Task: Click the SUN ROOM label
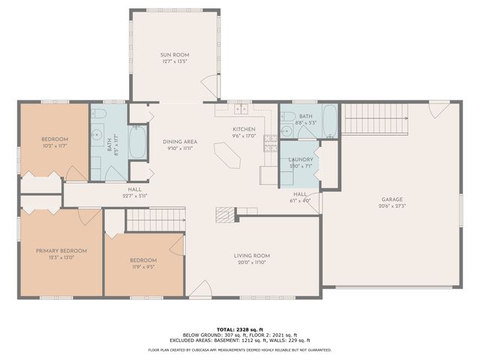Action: click(x=174, y=55)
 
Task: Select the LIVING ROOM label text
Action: click(x=252, y=256)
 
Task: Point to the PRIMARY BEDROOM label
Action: click(x=61, y=250)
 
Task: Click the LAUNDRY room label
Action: click(x=301, y=160)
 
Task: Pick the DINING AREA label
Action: click(x=179, y=141)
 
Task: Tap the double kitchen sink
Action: click(x=241, y=109)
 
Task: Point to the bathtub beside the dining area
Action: click(x=138, y=142)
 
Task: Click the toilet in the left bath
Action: click(x=99, y=115)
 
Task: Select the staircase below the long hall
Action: click(x=144, y=220)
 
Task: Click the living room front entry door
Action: click(x=200, y=288)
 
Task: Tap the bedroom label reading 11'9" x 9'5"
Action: click(x=142, y=265)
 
